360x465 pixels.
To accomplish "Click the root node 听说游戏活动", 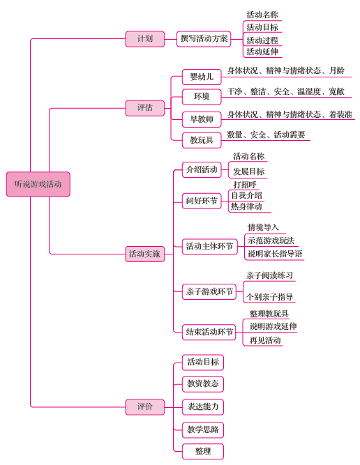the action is [38, 184].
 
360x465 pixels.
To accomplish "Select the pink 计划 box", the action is [145, 39].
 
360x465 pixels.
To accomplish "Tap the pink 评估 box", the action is [145, 108].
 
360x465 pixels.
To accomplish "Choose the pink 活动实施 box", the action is [145, 254].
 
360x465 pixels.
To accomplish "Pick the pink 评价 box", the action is [145, 407].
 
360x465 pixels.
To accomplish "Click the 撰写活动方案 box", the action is [204, 39].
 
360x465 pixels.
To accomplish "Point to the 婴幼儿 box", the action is [202, 77].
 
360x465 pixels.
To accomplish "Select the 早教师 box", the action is [202, 119].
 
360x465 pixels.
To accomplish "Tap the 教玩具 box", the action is [202, 140].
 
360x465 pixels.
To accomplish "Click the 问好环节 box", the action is [202, 201].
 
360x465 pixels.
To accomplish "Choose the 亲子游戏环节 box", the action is [209, 292].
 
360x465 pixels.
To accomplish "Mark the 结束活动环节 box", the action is [209, 332].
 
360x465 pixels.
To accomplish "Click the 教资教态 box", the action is [203, 384].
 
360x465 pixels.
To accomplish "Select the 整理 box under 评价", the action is [203, 452].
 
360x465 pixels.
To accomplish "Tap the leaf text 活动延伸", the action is [262, 52].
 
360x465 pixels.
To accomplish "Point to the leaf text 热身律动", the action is [246, 206].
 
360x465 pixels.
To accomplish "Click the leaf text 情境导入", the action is [263, 227].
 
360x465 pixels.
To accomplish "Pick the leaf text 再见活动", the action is [265, 340].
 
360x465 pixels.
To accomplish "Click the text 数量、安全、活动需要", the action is [266, 135].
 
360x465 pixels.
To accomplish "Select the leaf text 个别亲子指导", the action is [269, 297].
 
